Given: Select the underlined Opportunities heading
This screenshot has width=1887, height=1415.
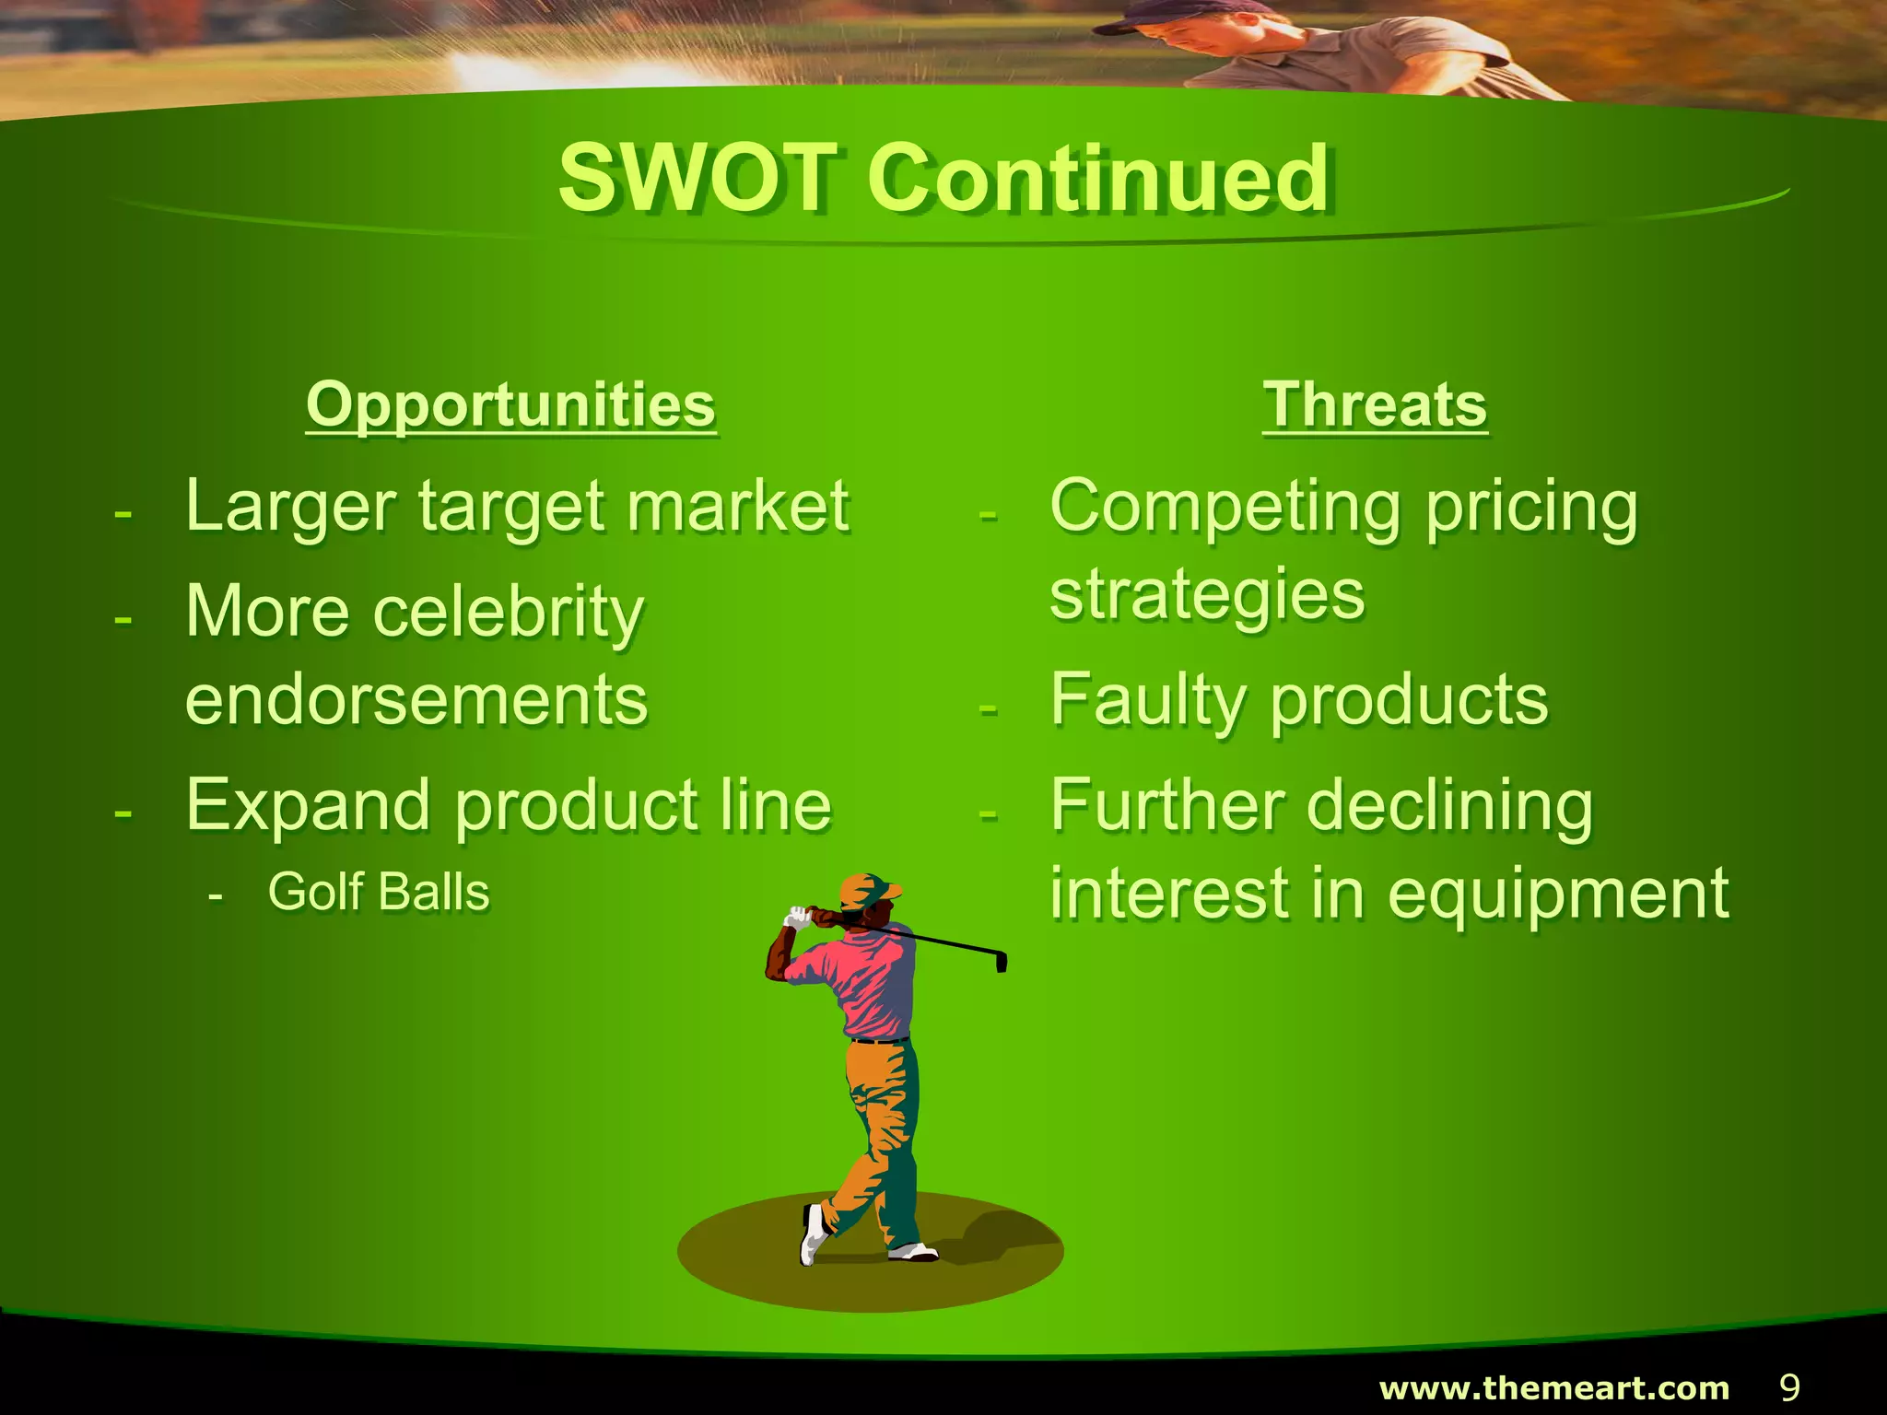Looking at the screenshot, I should [x=510, y=404].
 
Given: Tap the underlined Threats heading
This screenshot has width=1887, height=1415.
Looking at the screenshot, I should [x=1375, y=404].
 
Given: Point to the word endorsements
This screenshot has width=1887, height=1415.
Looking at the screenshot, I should [x=416, y=700].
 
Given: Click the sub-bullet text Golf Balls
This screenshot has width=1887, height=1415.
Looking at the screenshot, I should [x=378, y=892].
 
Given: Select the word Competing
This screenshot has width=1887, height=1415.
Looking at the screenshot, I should [x=1225, y=508].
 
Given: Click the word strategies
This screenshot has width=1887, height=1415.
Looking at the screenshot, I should [x=1207, y=596].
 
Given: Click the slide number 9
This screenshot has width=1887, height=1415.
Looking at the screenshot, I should [x=1788, y=1387].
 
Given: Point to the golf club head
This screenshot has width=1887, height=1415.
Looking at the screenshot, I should [x=1001, y=961].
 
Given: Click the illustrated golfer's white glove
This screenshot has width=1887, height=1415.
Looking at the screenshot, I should [x=797, y=918].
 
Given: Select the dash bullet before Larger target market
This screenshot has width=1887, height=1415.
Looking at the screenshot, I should [x=123, y=513].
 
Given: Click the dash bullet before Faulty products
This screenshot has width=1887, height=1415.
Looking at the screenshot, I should [x=988, y=708].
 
